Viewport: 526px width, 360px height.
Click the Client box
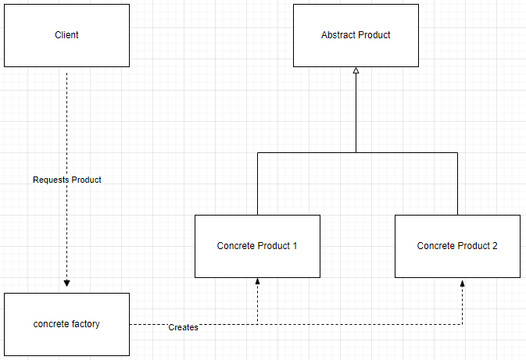[x=66, y=35]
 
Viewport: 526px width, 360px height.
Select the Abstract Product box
[x=356, y=35]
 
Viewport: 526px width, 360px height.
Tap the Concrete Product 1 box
[x=257, y=246]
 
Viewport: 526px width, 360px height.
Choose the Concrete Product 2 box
[x=457, y=246]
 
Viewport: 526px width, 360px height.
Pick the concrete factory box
[x=66, y=324]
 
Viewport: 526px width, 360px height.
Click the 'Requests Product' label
[x=67, y=180]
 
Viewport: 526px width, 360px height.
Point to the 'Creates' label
[x=183, y=327]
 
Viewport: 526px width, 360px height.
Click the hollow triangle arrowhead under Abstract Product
[x=356, y=70]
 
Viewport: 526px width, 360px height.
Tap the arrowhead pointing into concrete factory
[x=66, y=283]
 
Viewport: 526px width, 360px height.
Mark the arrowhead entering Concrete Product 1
[x=257, y=281]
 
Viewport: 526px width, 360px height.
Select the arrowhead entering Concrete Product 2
[x=462, y=283]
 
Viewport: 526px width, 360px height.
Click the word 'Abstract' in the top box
[x=336, y=35]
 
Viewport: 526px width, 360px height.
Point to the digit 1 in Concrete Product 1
[x=295, y=246]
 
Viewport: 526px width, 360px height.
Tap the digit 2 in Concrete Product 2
[x=495, y=246]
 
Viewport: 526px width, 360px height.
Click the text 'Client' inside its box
[x=66, y=35]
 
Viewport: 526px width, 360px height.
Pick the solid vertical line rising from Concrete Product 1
[x=257, y=184]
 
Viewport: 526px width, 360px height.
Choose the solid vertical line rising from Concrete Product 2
[x=457, y=184]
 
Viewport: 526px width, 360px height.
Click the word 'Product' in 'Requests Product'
[x=86, y=180]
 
